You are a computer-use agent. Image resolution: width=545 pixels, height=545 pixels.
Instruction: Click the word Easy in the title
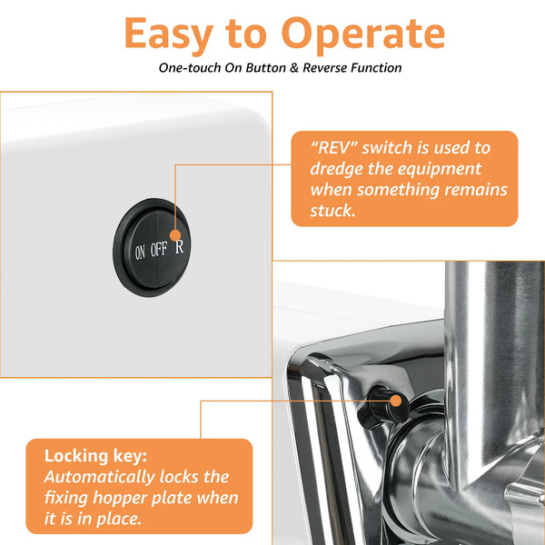[169, 35]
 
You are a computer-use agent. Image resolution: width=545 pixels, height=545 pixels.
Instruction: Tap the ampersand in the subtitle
[294, 67]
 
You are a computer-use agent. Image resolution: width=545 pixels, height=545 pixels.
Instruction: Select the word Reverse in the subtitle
[324, 67]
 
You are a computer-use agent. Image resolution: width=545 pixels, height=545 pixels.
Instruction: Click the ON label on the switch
[140, 252]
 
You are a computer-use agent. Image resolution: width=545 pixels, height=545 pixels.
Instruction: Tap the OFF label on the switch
[159, 249]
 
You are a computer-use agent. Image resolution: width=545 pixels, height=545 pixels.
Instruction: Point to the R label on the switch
[179, 246]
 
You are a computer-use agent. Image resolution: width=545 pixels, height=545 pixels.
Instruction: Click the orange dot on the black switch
[175, 235]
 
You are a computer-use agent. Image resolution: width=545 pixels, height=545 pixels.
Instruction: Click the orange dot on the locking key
[396, 401]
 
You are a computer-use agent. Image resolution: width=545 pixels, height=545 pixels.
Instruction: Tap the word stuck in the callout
[332, 211]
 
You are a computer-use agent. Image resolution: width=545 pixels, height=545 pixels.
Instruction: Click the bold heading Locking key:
[95, 456]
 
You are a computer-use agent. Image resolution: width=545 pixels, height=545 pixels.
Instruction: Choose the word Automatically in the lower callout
[99, 478]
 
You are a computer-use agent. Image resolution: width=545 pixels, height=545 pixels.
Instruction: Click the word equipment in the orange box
[440, 170]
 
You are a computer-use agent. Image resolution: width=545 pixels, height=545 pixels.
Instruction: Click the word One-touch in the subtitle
[190, 67]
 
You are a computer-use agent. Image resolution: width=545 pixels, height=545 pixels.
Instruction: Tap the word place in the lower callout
[118, 520]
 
